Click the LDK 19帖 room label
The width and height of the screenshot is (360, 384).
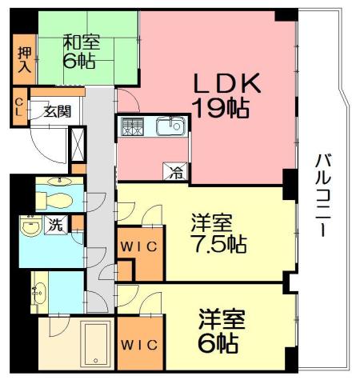[224, 94]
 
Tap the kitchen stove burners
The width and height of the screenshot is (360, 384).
[132, 126]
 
